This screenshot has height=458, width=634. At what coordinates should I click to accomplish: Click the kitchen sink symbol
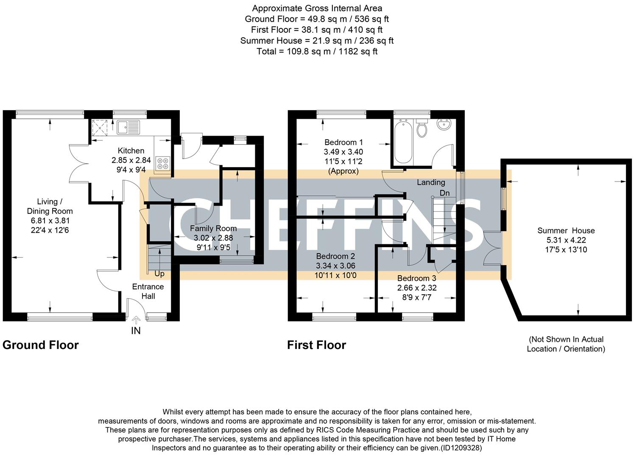(128, 126)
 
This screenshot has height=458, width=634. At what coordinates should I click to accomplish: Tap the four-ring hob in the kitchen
(163, 164)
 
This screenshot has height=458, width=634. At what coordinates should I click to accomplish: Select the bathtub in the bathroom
(402, 141)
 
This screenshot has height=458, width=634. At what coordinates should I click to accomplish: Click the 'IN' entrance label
(136, 331)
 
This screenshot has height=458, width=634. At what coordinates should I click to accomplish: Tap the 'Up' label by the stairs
(159, 274)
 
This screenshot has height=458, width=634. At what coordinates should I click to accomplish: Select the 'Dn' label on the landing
(444, 193)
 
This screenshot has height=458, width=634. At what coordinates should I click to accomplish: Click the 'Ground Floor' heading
(41, 345)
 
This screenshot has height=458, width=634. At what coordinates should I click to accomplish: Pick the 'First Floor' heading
(316, 345)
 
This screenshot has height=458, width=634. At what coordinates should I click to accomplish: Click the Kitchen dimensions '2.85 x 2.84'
(131, 160)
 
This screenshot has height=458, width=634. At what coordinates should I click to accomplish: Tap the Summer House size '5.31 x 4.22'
(566, 240)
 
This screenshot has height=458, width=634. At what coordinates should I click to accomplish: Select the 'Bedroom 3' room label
(416, 278)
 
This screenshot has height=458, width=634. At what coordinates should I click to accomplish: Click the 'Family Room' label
(213, 229)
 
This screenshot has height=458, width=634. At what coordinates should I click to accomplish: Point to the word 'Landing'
(431, 182)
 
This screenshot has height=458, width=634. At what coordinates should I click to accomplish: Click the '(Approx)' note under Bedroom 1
(343, 171)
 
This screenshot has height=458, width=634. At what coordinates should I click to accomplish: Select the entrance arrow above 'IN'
(136, 320)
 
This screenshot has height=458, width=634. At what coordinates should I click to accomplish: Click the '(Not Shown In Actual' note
(566, 339)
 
